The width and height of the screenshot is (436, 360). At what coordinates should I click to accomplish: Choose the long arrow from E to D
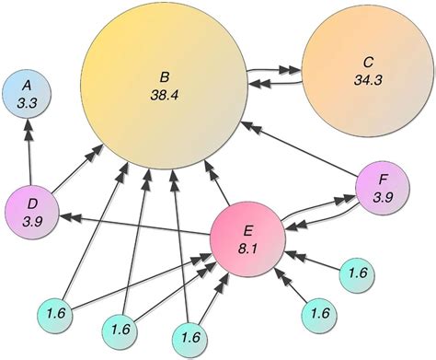tap(138, 221)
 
